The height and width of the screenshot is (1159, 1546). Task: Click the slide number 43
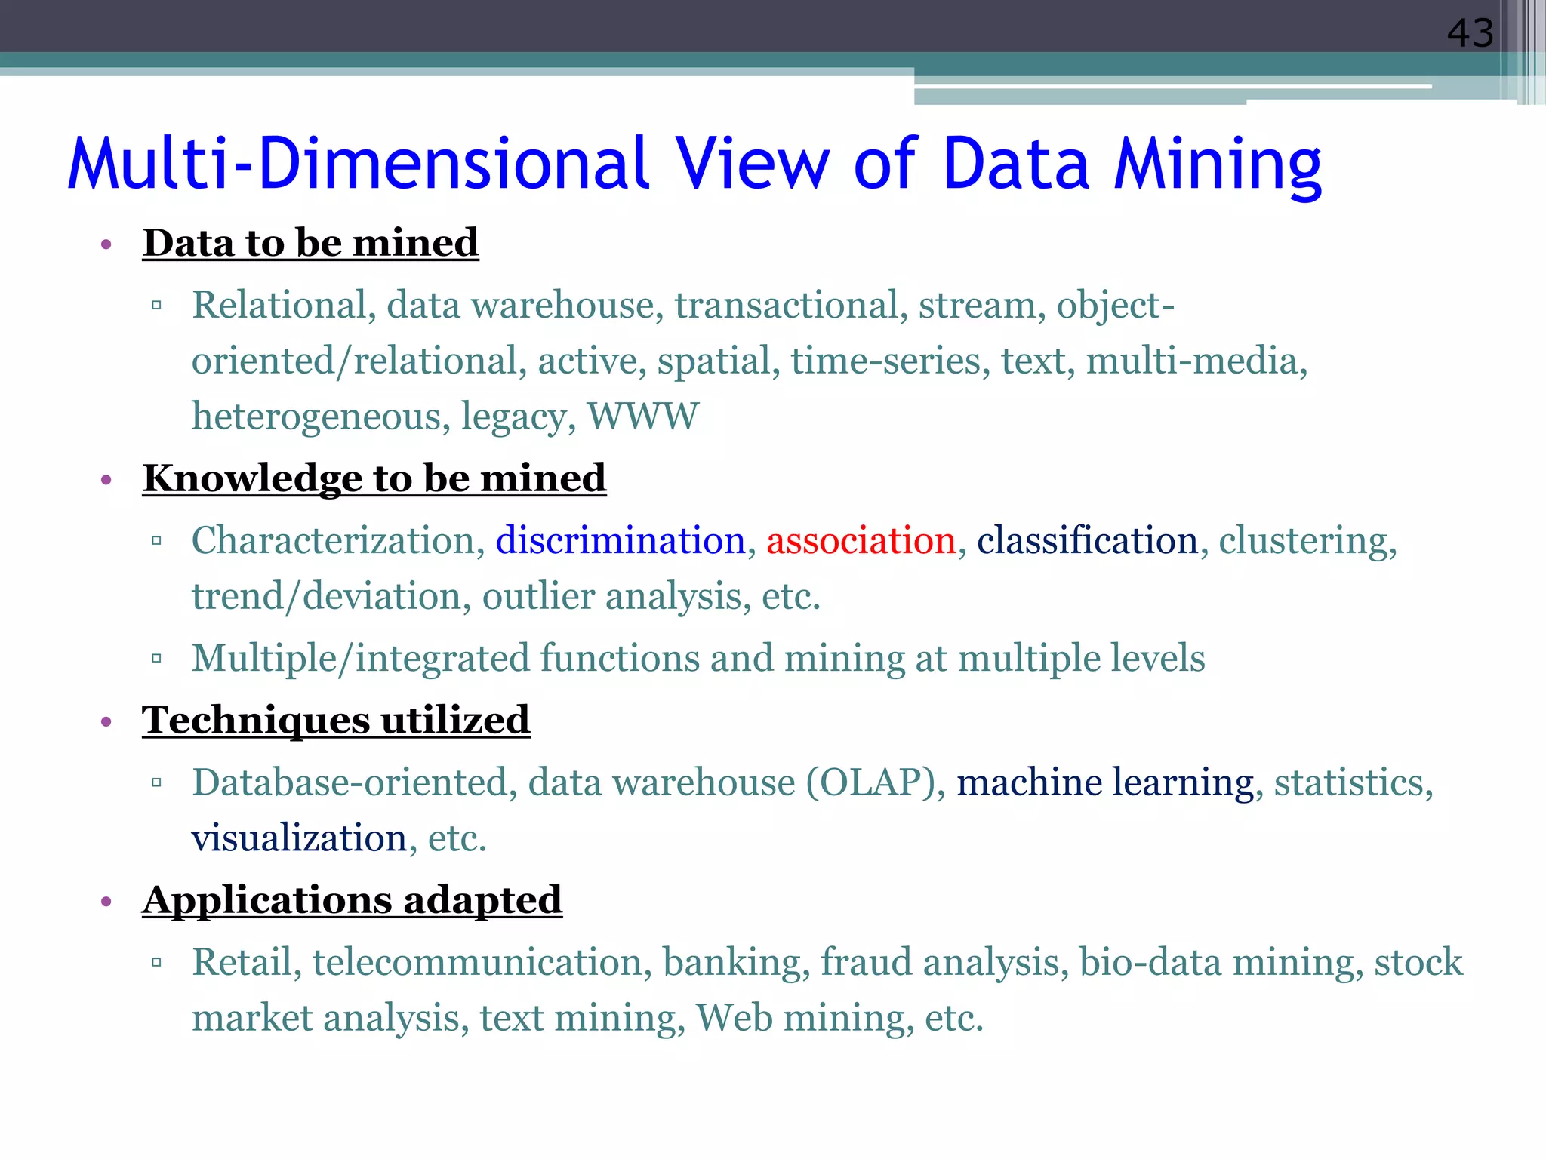(x=1469, y=34)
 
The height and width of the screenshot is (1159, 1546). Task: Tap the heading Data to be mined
(x=310, y=243)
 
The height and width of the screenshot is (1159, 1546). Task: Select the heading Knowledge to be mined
(x=374, y=478)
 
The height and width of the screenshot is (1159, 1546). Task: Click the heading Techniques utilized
(x=336, y=720)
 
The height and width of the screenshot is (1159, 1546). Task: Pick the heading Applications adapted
(x=352, y=900)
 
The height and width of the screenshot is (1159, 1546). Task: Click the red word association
(x=861, y=541)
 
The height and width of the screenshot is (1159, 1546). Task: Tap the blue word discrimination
(x=621, y=541)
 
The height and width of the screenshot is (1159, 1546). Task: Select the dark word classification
(x=1087, y=541)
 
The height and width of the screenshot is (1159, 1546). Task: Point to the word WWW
(x=643, y=417)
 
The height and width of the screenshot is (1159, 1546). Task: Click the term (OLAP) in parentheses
(x=870, y=782)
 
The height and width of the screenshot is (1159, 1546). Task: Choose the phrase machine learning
(x=1105, y=782)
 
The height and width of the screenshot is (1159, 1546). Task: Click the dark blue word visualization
(x=300, y=838)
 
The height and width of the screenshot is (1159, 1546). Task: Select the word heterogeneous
(x=316, y=417)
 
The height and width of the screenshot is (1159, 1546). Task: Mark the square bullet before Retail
(x=157, y=962)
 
